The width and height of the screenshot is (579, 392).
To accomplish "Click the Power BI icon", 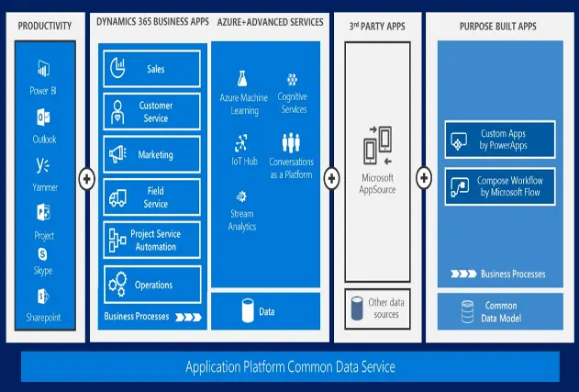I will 42,69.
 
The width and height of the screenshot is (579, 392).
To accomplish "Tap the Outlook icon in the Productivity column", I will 42,117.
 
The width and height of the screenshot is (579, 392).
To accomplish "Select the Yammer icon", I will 42,165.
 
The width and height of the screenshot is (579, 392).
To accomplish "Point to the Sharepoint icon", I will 42,297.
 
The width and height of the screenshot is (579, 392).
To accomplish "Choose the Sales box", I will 152,69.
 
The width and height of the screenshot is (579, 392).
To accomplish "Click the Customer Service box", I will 152,111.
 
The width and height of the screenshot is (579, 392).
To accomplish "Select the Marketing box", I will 152,154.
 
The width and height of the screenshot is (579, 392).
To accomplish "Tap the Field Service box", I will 152,196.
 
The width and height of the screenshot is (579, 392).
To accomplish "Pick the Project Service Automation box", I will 152,241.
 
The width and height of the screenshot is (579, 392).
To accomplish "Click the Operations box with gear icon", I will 152,285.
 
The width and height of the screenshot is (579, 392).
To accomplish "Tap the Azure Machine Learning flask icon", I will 242,79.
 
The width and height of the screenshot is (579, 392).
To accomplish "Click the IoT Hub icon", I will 242,142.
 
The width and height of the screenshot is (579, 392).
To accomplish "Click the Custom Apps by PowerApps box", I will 499,140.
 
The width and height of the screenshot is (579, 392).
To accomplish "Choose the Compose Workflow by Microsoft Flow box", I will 499,186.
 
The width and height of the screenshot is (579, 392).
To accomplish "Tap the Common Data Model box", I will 499,311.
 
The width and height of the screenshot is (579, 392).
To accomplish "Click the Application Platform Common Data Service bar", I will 290,367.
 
